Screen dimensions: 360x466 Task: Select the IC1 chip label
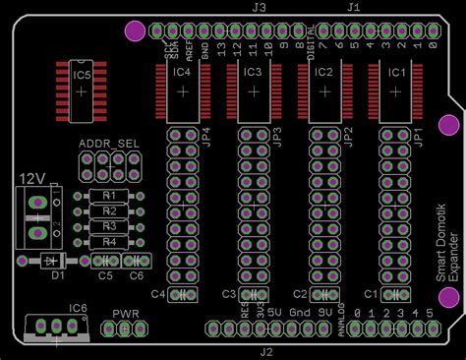[x=395, y=72]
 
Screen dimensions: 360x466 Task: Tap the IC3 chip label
[x=252, y=72]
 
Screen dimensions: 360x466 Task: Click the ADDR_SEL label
[x=108, y=144]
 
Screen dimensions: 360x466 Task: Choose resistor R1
[x=109, y=196]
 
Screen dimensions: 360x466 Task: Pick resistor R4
[x=109, y=241]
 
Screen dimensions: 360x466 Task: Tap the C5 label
[x=105, y=276]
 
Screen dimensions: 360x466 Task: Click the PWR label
[x=126, y=314]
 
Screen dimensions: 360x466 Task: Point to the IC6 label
[x=78, y=307]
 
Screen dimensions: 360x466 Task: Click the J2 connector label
[x=265, y=351]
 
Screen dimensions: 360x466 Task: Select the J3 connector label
[x=259, y=7]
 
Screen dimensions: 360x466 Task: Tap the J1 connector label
[x=354, y=7]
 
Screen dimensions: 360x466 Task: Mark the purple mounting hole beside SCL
[x=133, y=30]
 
